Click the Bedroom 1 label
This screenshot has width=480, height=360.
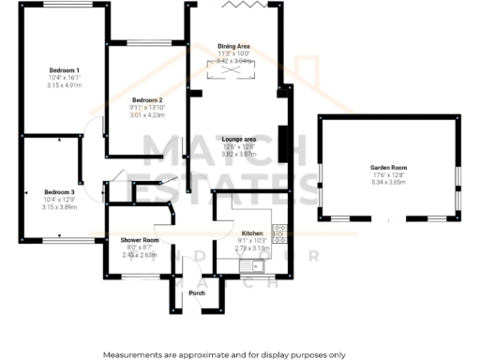coord(65,70)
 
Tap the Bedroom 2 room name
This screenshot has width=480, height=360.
coord(147,100)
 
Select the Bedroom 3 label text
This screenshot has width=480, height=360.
coord(58,190)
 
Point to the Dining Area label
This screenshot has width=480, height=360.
coord(233,46)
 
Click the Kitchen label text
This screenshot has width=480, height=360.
coord(252,233)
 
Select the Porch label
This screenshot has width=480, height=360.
coord(197,293)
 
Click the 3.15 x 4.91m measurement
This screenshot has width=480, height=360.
coord(65,85)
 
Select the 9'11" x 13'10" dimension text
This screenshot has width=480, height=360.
coord(147,108)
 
